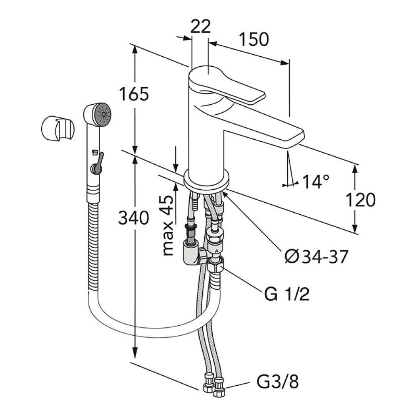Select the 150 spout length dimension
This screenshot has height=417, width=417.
click(x=253, y=39)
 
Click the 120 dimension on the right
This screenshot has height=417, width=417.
click(x=360, y=200)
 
